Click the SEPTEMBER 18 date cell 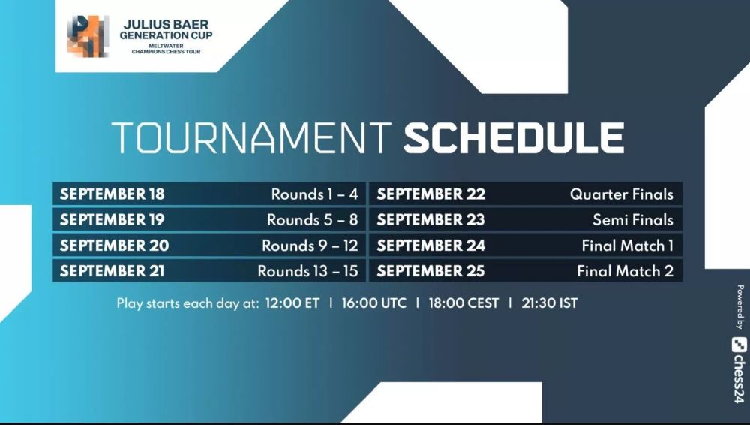112,194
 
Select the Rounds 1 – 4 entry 315,194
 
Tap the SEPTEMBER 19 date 112,219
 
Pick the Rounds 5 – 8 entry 312,219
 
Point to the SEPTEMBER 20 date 114,246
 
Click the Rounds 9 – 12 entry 310,246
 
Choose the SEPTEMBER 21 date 112,271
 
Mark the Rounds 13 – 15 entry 308,271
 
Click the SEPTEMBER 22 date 431,194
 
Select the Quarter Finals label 621,194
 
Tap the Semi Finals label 633,219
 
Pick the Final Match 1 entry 628,246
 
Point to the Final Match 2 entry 625,271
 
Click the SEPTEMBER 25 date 430,271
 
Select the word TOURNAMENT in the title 251,138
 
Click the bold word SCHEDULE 514,138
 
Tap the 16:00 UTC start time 374,303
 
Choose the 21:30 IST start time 550,303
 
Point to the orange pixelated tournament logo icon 88,36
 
